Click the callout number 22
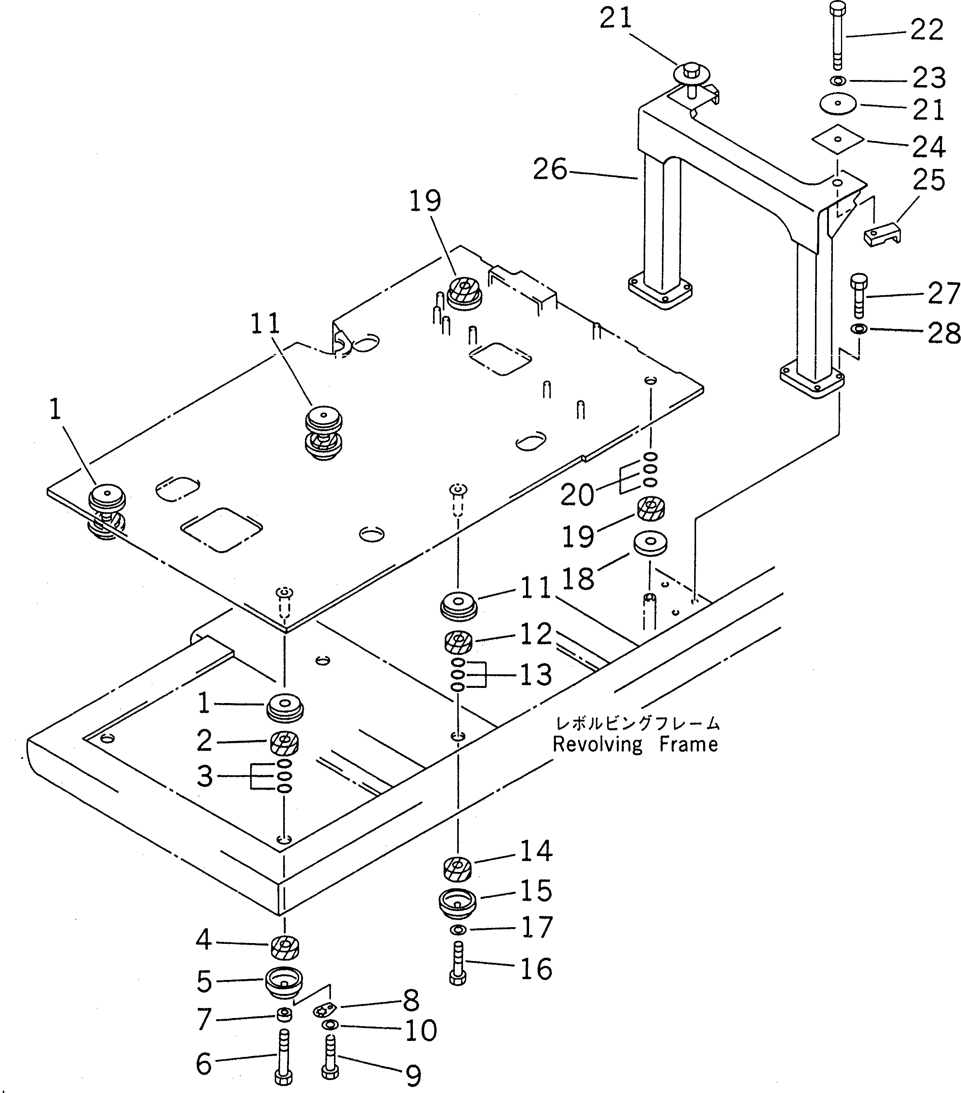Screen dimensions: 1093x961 coord(927,30)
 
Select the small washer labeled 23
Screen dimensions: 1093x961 coord(838,81)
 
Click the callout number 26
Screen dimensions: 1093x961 coord(550,170)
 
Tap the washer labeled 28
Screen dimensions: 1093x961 coord(859,328)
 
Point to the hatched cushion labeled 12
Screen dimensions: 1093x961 coord(458,642)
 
